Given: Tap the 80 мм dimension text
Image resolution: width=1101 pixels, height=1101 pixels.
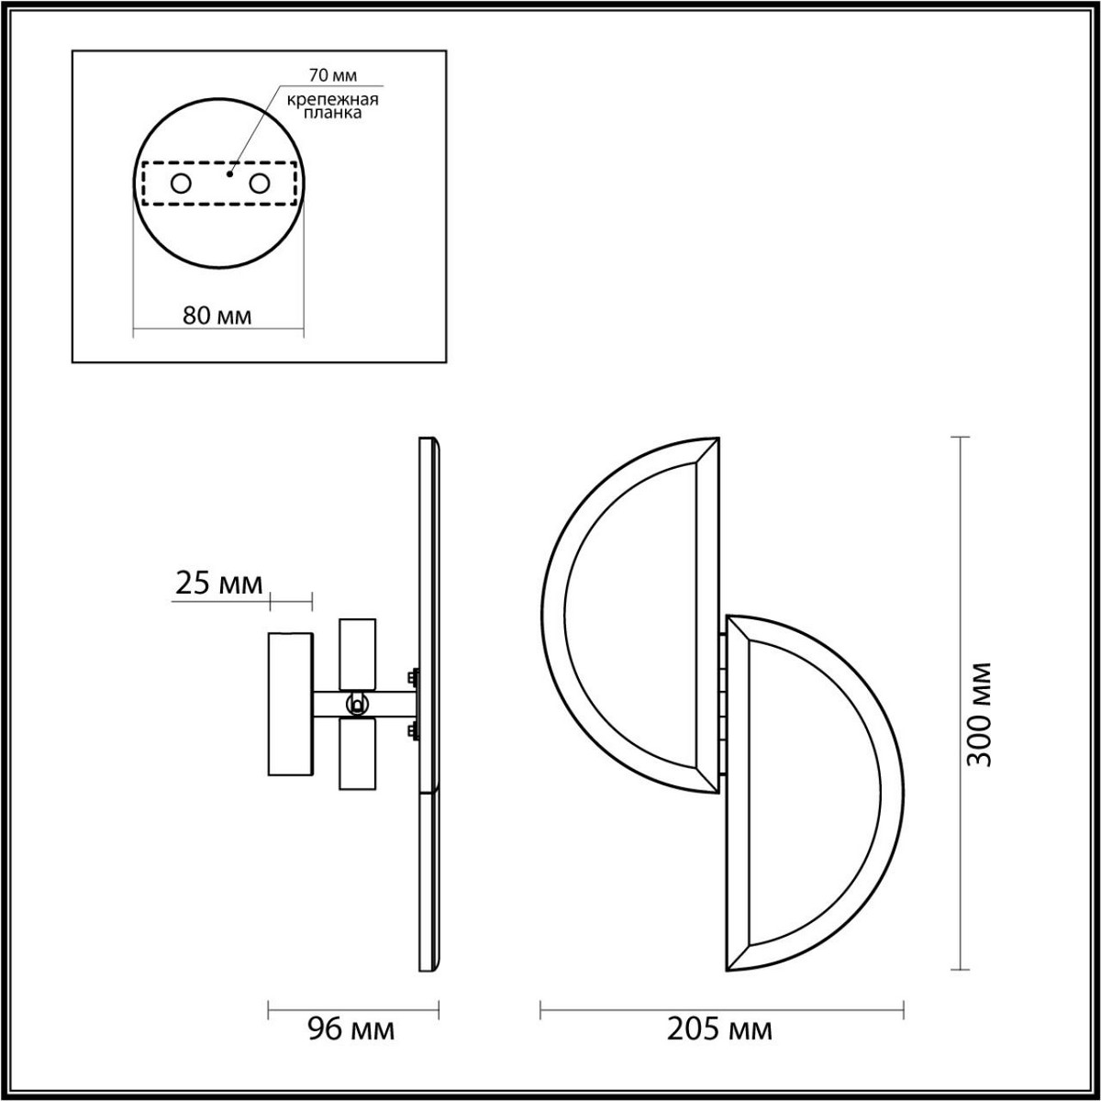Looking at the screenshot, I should (217, 316).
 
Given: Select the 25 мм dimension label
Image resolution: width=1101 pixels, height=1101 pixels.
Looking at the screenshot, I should (218, 583).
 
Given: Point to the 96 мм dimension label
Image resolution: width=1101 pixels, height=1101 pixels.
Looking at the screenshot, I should (350, 1029).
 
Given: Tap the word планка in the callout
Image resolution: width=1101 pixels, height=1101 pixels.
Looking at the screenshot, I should (328, 114).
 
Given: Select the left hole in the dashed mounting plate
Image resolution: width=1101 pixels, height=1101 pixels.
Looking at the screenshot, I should (181, 183).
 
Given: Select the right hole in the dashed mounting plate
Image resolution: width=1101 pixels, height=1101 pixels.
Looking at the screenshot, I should (260, 183).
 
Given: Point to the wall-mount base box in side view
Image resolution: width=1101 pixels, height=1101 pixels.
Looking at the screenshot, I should (290, 704).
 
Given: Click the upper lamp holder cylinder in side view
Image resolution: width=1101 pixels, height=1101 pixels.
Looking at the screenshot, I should (357, 654).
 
